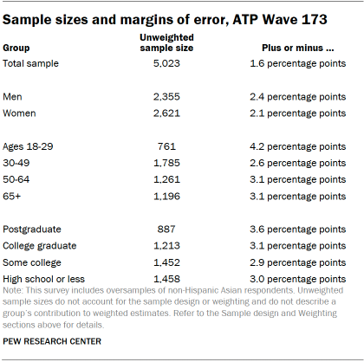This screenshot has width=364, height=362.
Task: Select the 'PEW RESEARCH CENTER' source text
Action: click(x=52, y=341)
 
